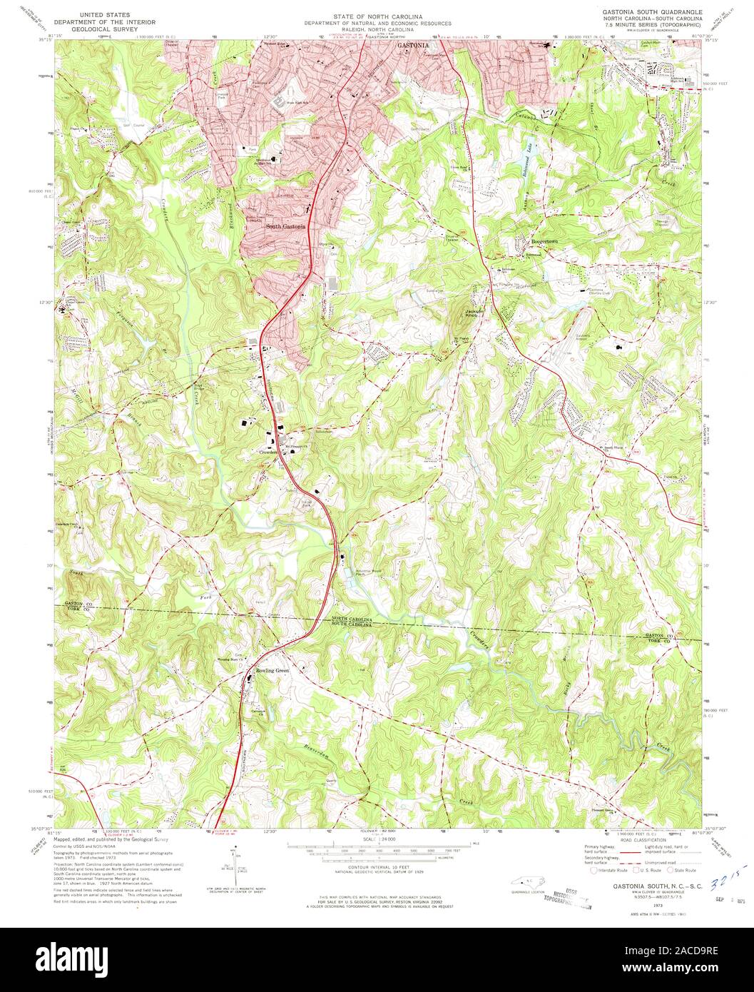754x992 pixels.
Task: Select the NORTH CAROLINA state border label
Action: pos(352,618)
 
